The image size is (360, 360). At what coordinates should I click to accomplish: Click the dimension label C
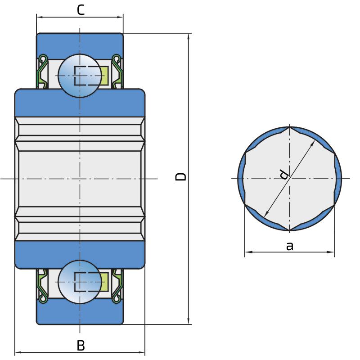click(x=81, y=10)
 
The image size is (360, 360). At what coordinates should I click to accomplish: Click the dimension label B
click(x=81, y=345)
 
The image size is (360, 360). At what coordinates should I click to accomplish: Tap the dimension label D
click(x=180, y=176)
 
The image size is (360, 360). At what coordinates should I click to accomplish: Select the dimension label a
click(x=290, y=246)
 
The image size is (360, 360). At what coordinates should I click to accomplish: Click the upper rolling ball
click(x=80, y=76)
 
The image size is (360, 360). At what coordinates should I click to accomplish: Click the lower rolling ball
click(x=80, y=282)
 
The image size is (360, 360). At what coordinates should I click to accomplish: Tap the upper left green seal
click(x=42, y=72)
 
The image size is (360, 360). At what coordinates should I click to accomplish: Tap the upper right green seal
click(x=117, y=72)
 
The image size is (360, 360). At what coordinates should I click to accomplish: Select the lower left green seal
click(x=42, y=286)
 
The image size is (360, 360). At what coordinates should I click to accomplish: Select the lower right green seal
click(x=117, y=286)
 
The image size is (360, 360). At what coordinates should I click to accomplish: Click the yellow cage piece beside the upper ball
click(x=104, y=76)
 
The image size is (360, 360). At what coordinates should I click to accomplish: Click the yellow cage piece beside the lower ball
click(x=104, y=282)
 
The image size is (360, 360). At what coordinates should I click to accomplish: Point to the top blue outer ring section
click(x=80, y=45)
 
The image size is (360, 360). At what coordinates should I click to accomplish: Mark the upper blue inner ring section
click(x=80, y=103)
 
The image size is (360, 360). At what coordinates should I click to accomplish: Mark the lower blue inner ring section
click(x=80, y=255)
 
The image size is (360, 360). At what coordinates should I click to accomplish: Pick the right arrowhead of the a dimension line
click(x=330, y=252)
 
